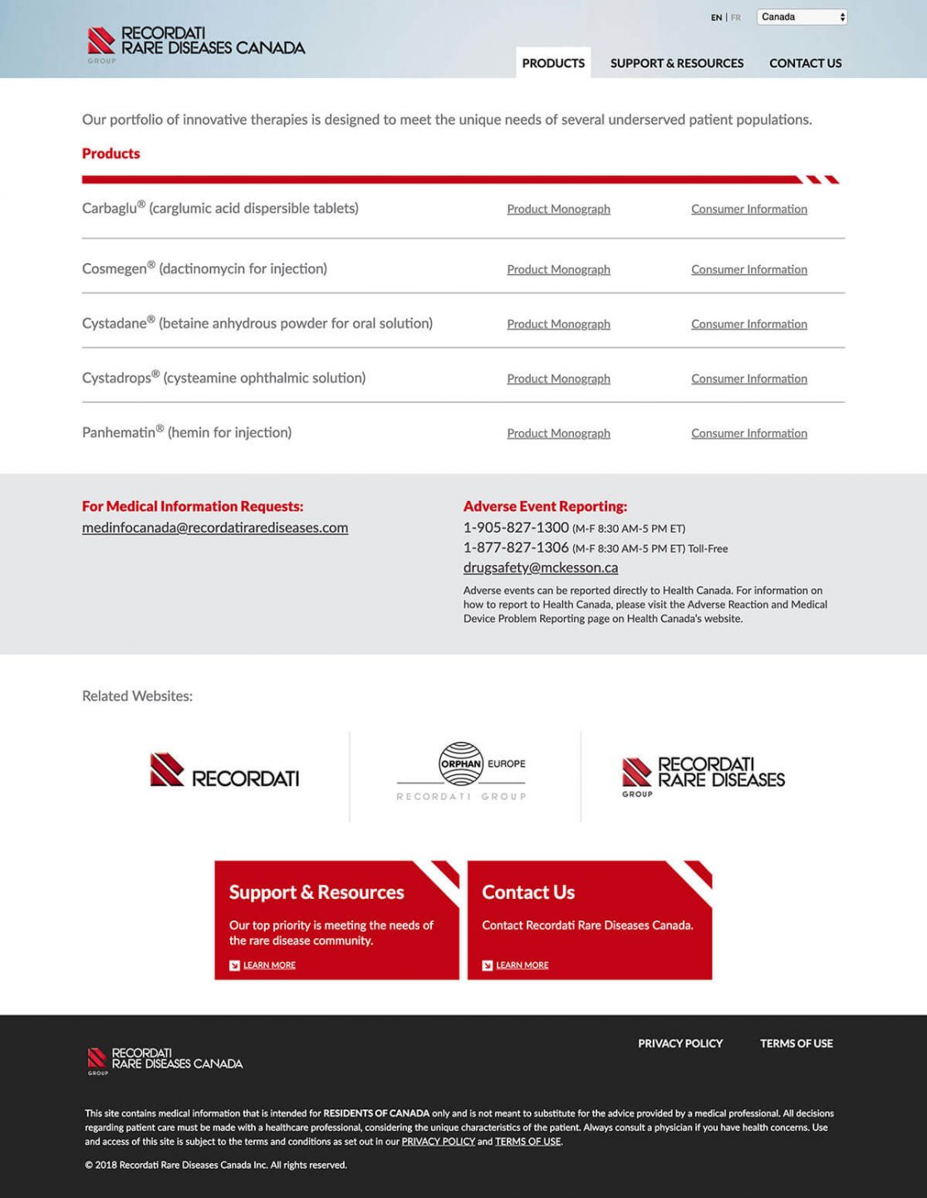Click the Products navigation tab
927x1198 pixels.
point(553,63)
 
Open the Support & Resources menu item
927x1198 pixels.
point(676,63)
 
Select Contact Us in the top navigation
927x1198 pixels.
point(805,63)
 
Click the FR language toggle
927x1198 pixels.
point(736,17)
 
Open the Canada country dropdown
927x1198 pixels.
point(802,17)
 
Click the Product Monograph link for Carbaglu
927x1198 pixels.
point(558,209)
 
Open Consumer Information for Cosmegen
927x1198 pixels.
point(748,270)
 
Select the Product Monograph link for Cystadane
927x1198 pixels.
point(558,324)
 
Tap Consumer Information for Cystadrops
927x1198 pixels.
point(748,379)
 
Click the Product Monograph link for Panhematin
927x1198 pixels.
point(558,434)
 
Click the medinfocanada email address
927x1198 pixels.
point(214,528)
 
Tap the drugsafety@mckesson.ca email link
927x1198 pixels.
point(540,567)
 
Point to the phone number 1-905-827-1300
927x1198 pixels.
point(516,528)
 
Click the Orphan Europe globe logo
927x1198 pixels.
point(462,763)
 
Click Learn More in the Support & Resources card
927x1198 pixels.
point(269,965)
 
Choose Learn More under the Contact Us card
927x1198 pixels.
point(522,965)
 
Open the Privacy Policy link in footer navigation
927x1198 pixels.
point(679,1043)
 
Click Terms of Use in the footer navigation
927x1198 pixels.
point(796,1043)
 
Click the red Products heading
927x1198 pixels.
point(110,154)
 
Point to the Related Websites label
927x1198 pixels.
point(137,696)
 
